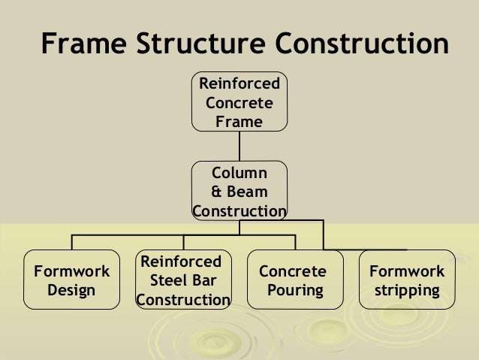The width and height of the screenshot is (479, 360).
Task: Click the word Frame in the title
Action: pyautogui.click(x=83, y=45)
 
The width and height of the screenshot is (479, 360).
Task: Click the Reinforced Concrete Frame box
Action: pyautogui.click(x=239, y=101)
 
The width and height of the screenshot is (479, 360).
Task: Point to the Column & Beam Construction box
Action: pyautogui.click(x=239, y=191)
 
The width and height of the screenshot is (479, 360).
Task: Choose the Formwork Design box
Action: pyautogui.click(x=71, y=280)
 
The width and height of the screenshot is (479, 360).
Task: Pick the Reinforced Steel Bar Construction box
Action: pyautogui.click(x=183, y=280)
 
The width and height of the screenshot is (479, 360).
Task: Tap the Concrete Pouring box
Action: pyautogui.click(x=294, y=280)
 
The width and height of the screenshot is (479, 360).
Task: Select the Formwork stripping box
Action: pyautogui.click(x=407, y=280)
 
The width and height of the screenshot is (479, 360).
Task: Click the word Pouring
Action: pyautogui.click(x=293, y=290)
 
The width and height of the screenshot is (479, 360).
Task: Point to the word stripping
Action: pyautogui.click(x=407, y=290)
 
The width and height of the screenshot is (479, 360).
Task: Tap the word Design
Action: pyautogui.click(x=71, y=290)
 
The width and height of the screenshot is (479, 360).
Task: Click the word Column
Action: pyautogui.click(x=239, y=174)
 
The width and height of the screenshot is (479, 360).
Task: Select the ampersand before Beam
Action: pyautogui.click(x=216, y=192)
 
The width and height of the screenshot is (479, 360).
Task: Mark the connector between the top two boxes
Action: pyautogui.click(x=239, y=146)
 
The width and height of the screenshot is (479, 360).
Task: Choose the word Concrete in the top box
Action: pyautogui.click(x=239, y=102)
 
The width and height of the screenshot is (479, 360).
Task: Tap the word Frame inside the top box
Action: pyautogui.click(x=239, y=120)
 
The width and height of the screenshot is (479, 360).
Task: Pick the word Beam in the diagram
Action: pyautogui.click(x=246, y=192)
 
